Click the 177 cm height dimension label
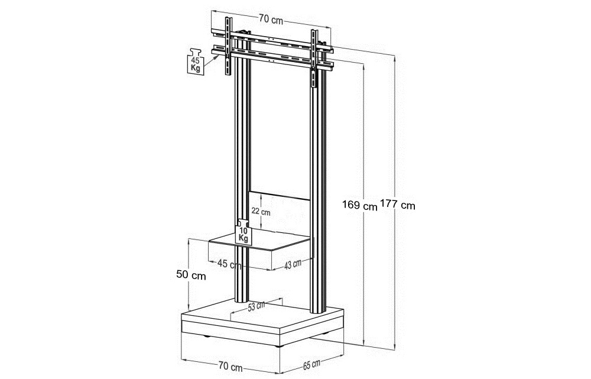coord(398,205)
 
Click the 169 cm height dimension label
coord(359,206)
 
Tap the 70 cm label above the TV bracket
coord(271,20)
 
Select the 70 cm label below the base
coord(230,366)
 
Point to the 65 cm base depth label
coord(311,365)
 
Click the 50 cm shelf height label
coord(191,276)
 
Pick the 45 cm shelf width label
coord(229,264)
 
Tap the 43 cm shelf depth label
coord(293,264)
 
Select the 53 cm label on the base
coord(256,306)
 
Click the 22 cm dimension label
coord(261,212)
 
